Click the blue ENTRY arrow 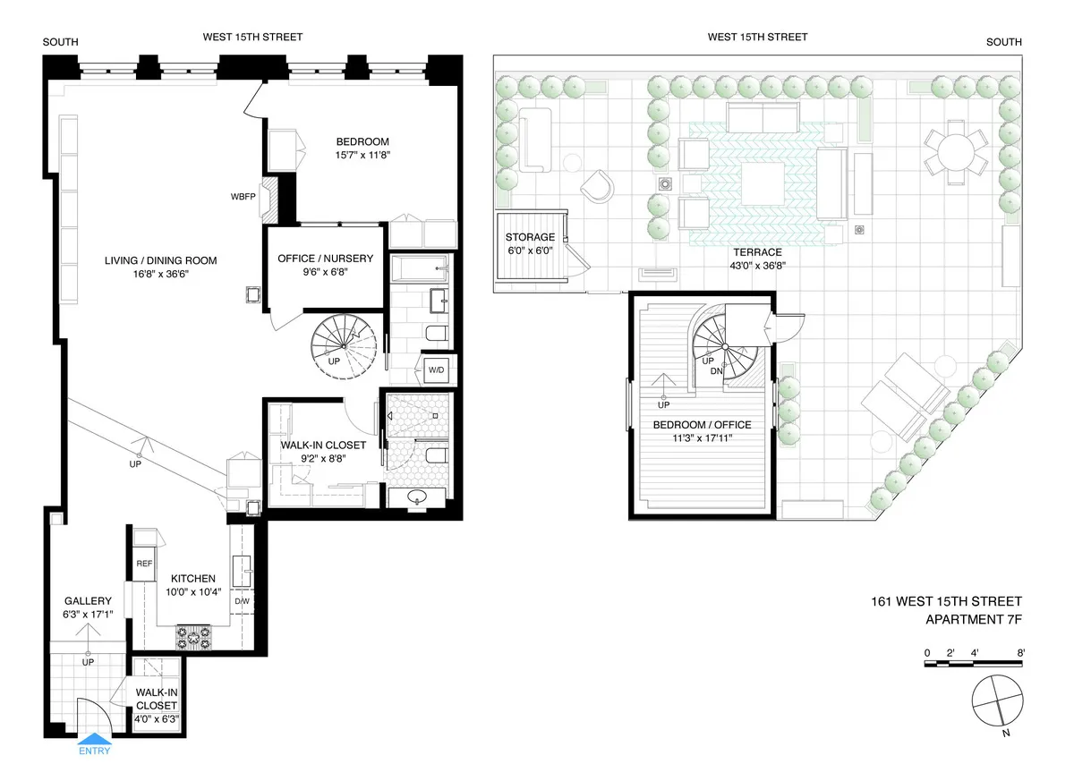pyautogui.click(x=94, y=740)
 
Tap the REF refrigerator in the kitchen pyautogui.click(x=144, y=565)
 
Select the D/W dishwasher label pyautogui.click(x=243, y=600)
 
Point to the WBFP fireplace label pyautogui.click(x=243, y=196)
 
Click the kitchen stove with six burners pyautogui.click(x=194, y=637)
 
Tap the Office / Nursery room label pyautogui.click(x=325, y=259)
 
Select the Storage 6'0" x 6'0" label pyautogui.click(x=530, y=237)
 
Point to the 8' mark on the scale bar pyautogui.click(x=1020, y=652)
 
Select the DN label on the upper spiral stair pyautogui.click(x=716, y=370)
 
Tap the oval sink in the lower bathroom pyautogui.click(x=418, y=497)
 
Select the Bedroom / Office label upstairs pyautogui.click(x=702, y=424)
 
